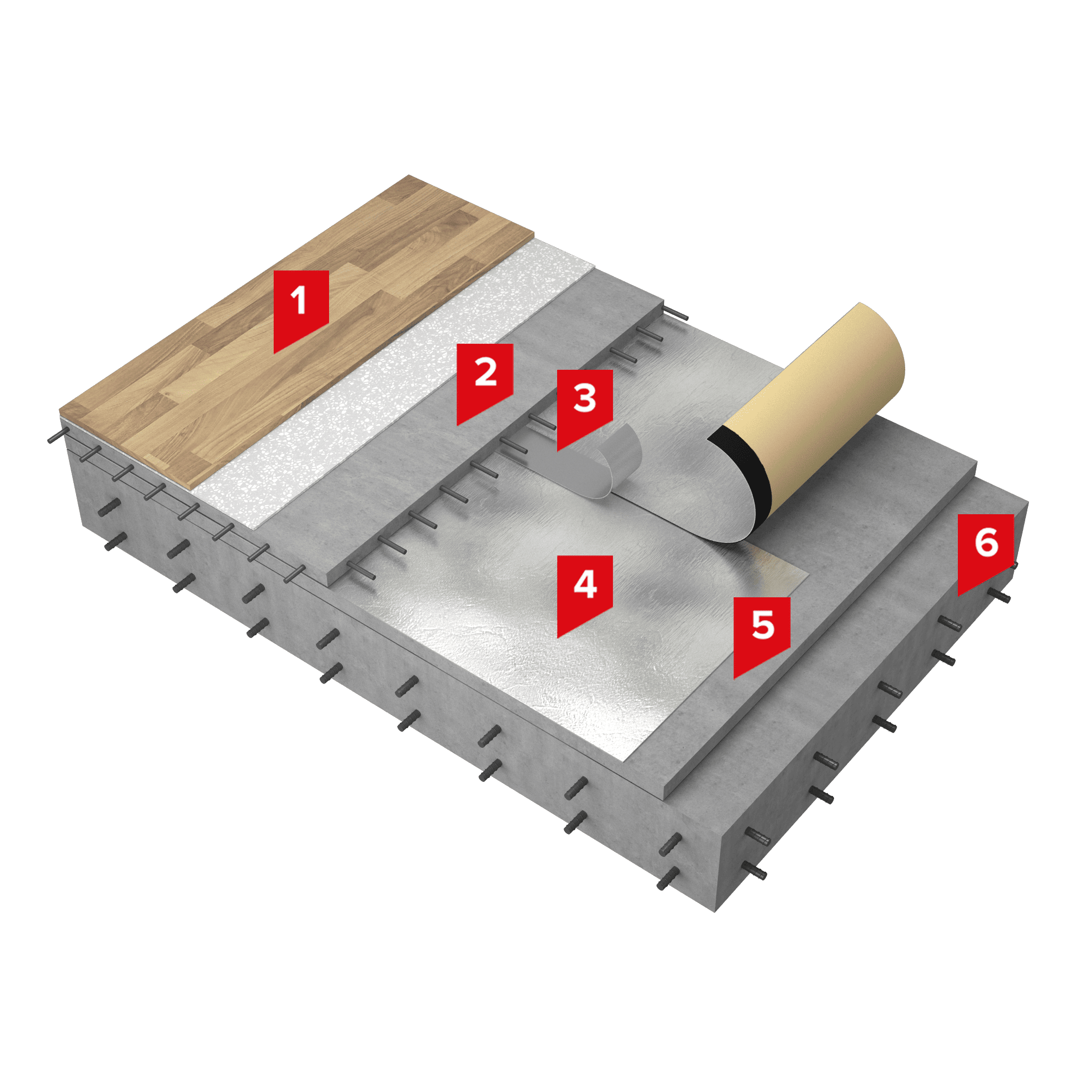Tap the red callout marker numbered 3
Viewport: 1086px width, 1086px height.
585,406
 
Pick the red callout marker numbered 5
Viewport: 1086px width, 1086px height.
762,634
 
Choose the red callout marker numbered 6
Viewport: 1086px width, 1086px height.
986,551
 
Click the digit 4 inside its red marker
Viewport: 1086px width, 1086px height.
585,584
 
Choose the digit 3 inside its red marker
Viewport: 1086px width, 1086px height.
585,398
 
